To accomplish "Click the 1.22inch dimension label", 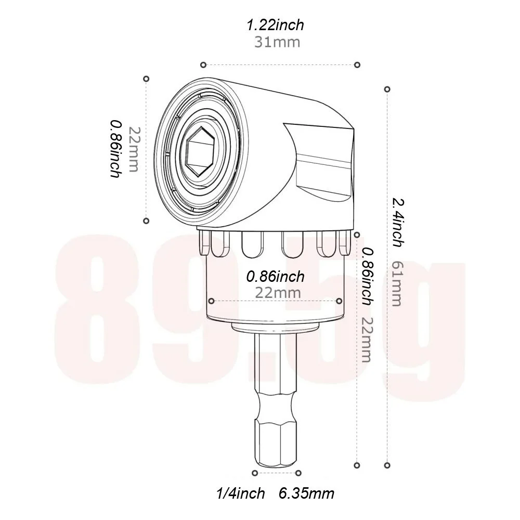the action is click(x=275, y=25).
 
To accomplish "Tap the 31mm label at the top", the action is click(x=277, y=43).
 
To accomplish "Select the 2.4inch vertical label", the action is click(x=398, y=222).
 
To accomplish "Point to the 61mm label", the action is click(x=397, y=283).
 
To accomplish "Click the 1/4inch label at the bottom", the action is click(x=240, y=493).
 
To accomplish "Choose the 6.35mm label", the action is click(x=306, y=493).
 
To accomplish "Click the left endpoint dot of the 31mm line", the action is click(x=203, y=65).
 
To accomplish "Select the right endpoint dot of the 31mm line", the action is click(x=357, y=65).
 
